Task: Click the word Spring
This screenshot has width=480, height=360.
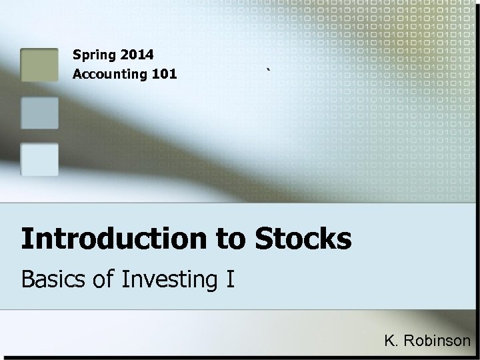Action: [92, 53]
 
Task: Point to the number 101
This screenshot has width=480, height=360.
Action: [164, 73]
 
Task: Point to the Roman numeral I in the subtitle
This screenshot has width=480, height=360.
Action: [230, 278]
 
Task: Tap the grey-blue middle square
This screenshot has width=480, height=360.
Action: [39, 112]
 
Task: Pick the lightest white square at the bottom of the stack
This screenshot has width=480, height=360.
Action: [39, 159]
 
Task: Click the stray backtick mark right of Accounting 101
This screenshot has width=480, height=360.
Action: [267, 69]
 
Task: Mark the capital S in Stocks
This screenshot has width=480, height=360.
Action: [264, 238]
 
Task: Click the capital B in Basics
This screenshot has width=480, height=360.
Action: [29, 278]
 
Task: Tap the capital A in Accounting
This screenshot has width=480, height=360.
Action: [77, 73]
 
